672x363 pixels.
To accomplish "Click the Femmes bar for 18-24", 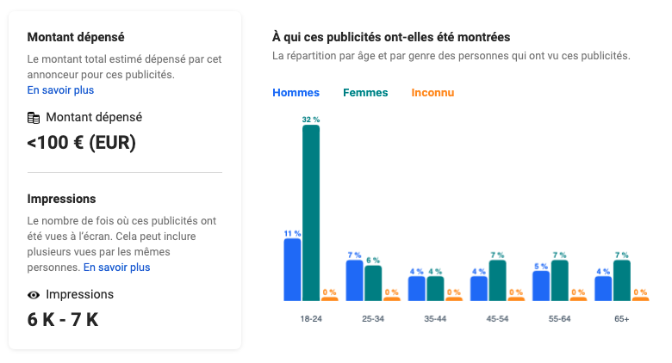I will click(310, 212).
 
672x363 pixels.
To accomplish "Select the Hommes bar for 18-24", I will click(292, 269).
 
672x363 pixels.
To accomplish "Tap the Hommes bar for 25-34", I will click(354, 280).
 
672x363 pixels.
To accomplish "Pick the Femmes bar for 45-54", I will click(497, 280).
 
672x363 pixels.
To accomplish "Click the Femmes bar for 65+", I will click(621, 280).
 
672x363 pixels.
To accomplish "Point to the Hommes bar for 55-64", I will click(541, 286).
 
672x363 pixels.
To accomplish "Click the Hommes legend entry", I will click(296, 93).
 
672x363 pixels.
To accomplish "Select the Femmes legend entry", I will click(365, 93).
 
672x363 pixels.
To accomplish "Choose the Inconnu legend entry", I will click(432, 93).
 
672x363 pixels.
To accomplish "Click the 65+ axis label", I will click(621, 319).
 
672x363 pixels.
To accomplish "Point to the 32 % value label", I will click(311, 119).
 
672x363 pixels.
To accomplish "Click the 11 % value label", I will click(292, 233).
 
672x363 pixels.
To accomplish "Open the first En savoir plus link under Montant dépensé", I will click(60, 89).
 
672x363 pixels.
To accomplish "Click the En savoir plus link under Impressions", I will click(116, 268).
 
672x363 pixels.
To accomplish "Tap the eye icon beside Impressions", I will click(34, 295).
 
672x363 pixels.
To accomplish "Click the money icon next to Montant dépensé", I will click(34, 118).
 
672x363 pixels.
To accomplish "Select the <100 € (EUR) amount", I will click(82, 143).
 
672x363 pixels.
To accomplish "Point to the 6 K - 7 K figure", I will click(63, 320).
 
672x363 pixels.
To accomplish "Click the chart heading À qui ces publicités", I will click(391, 37).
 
